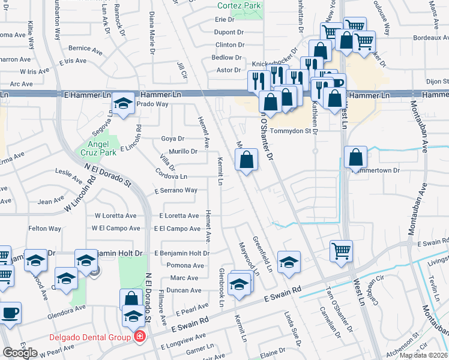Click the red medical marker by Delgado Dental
point(139,337)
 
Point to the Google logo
point(20,352)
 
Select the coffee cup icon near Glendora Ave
point(10,312)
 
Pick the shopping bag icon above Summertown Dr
point(356,157)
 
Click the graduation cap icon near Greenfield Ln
point(289,262)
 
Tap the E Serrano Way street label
point(175,190)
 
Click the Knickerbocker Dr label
point(275,62)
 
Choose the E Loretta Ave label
point(179,215)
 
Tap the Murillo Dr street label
point(183,151)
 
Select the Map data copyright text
point(423,355)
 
